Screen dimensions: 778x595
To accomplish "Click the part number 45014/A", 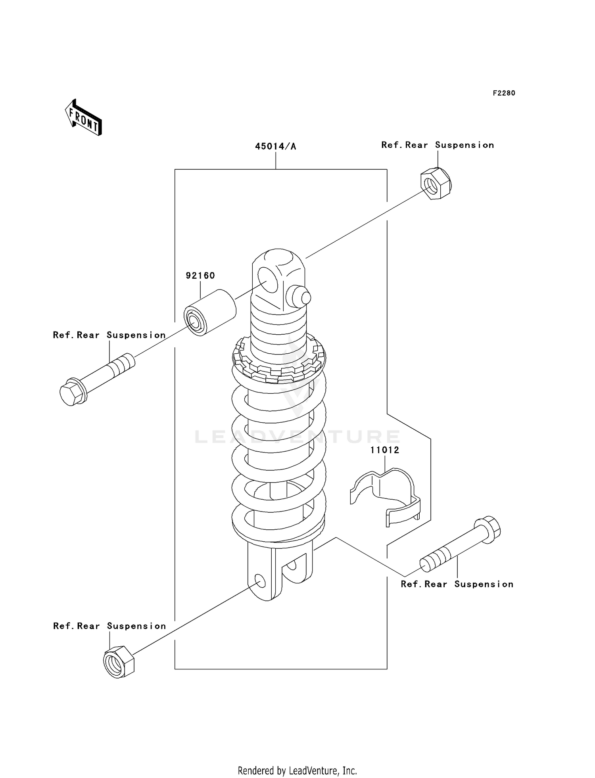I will point(275,146).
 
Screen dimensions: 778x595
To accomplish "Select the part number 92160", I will point(200,276).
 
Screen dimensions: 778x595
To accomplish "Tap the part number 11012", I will point(385,450).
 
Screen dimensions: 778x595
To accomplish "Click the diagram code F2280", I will point(504,93).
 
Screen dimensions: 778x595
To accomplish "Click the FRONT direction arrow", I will point(84,119).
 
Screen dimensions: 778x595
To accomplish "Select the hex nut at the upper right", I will point(436,184).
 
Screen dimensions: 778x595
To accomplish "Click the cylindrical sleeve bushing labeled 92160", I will point(209,313).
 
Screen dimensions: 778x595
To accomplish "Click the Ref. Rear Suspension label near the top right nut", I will point(438,145).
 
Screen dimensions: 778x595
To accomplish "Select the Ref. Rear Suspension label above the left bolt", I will point(109,335).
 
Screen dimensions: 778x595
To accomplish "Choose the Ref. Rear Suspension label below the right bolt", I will point(457,584).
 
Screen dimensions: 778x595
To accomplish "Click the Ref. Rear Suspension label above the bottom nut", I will point(109,626).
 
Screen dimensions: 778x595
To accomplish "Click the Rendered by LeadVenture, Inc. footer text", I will point(297,771).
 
